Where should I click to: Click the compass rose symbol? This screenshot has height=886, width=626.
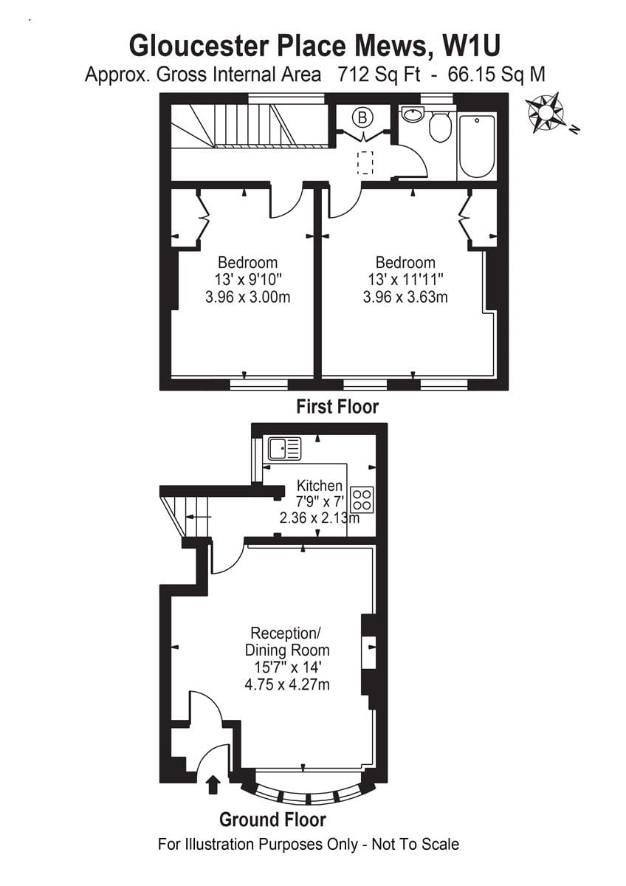[545, 111]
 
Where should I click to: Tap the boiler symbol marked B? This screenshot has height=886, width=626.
[362, 117]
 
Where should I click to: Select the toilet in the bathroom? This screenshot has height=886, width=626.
[440, 126]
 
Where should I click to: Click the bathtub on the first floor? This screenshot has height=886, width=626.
[477, 146]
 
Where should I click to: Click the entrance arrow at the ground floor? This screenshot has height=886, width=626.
[213, 783]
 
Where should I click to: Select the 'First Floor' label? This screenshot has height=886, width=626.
[337, 406]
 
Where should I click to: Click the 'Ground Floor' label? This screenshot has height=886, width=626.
[272, 819]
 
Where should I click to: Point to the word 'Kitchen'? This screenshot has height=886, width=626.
[320, 485]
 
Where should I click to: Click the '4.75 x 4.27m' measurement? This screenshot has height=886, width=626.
[287, 684]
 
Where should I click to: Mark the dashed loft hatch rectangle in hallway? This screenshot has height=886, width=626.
[366, 162]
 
